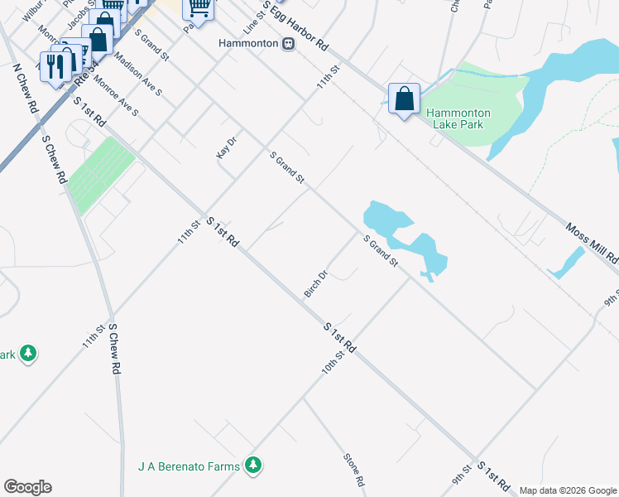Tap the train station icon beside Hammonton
click(x=288, y=44)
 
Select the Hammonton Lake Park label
click(x=458, y=118)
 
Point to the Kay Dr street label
click(x=226, y=147)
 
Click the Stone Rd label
click(x=353, y=469)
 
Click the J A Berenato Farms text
click(x=189, y=466)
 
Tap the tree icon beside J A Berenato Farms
click(x=253, y=466)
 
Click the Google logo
click(x=27, y=487)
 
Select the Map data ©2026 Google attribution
click(x=568, y=490)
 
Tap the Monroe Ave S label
click(x=116, y=95)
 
